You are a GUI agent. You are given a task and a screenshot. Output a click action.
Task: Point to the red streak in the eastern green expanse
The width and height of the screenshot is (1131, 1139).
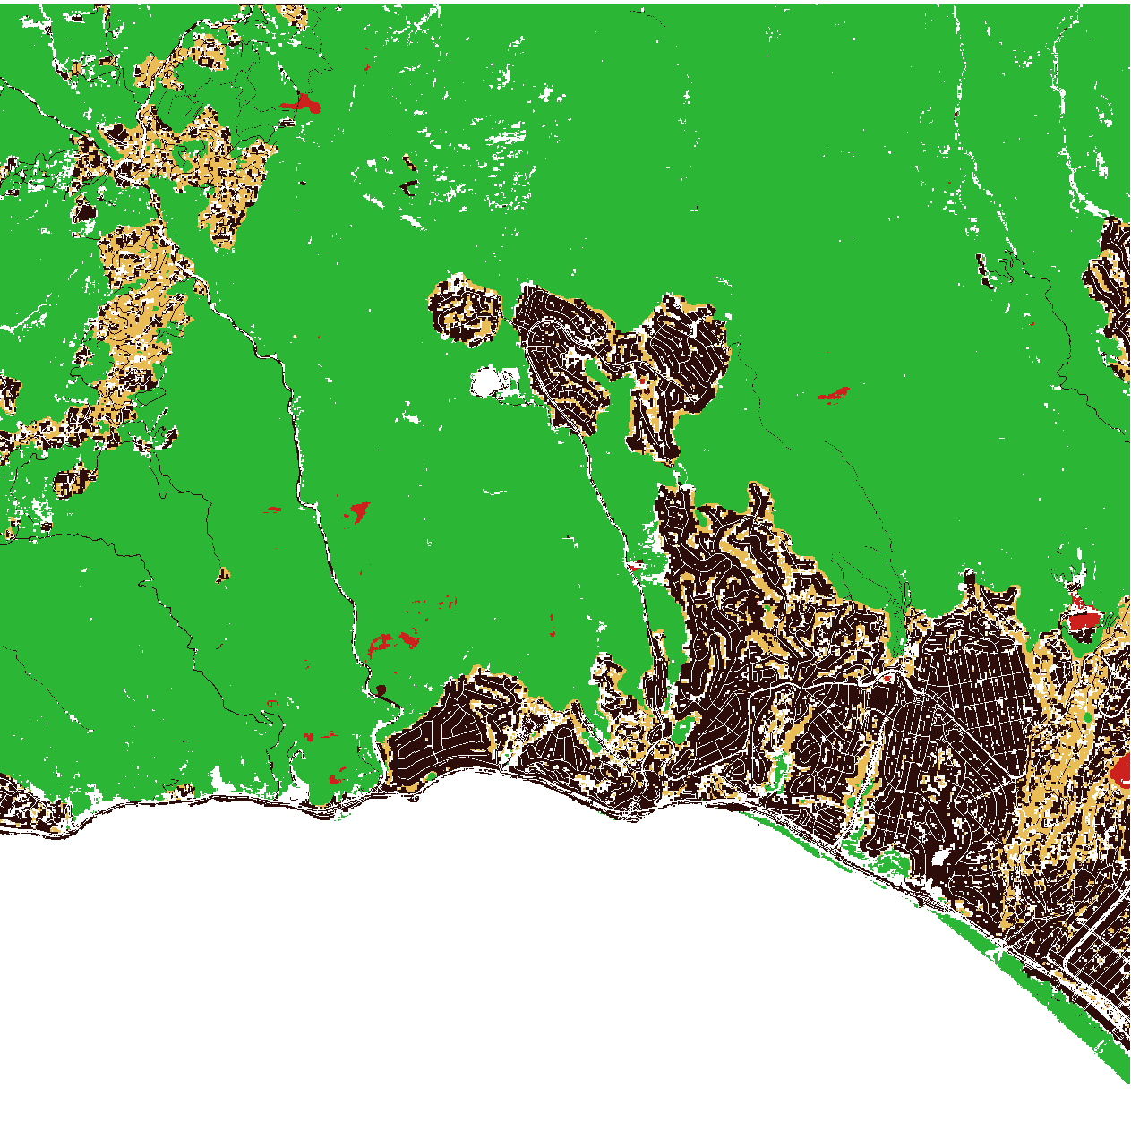point(835,393)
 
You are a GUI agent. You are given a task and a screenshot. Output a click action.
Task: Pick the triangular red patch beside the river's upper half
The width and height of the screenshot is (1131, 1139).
point(358,511)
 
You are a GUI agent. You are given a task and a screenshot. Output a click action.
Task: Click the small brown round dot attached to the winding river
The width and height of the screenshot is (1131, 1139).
point(381,689)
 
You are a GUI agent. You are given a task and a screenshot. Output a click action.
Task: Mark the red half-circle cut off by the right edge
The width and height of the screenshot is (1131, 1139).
point(1121,768)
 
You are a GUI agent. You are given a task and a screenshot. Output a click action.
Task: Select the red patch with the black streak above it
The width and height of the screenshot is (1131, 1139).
point(1083,619)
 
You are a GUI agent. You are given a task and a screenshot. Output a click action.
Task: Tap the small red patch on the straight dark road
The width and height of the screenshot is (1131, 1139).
point(635,565)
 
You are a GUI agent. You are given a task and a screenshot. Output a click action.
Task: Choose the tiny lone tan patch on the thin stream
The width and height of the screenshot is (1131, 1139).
point(222,575)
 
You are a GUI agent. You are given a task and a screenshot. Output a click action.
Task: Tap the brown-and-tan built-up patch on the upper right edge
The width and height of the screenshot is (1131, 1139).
point(1110,287)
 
